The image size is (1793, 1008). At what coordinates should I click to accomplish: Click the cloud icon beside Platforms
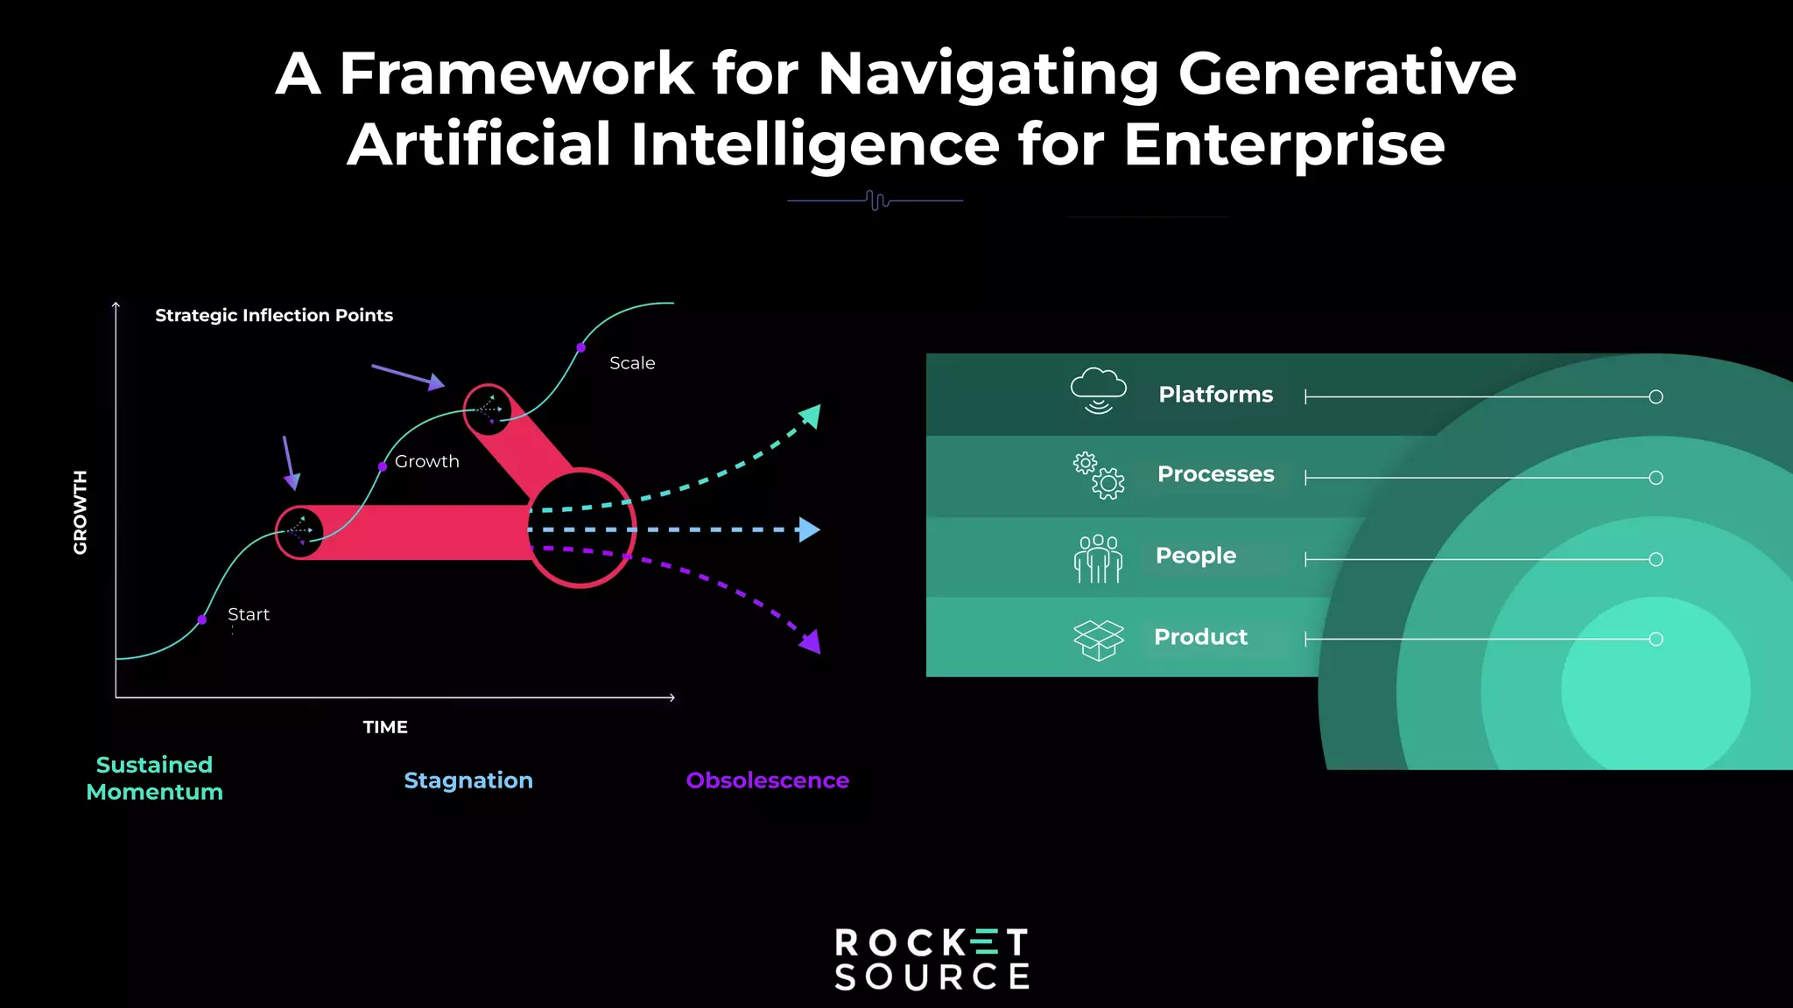point(1098,390)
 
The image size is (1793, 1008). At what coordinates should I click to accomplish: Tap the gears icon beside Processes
point(1100,475)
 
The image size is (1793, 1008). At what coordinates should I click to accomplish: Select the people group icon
point(1098,558)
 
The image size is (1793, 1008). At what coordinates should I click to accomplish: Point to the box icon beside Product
point(1098,640)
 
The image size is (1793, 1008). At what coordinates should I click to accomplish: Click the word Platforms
point(1215,395)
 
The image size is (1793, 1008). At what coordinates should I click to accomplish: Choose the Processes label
point(1215,474)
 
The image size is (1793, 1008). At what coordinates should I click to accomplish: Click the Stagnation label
point(468,780)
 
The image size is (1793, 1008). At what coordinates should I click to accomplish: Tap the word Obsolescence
point(767,780)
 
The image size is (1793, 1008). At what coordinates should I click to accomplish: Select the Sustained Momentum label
point(155,778)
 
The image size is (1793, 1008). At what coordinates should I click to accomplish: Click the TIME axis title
point(385,727)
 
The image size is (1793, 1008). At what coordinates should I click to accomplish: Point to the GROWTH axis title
point(81,512)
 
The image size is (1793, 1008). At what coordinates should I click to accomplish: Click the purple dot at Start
point(202,619)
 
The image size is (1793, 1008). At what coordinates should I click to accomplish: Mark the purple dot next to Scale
point(580,347)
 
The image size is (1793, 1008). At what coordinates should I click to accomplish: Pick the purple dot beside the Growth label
point(383,466)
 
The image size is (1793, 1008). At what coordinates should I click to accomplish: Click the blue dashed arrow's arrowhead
point(810,529)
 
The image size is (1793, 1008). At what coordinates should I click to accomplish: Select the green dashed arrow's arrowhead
point(812,416)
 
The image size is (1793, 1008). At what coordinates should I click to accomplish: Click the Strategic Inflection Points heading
point(274,315)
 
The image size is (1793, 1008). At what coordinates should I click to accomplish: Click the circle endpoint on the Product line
point(1656,640)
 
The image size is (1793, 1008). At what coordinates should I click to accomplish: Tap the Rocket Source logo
point(932,959)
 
